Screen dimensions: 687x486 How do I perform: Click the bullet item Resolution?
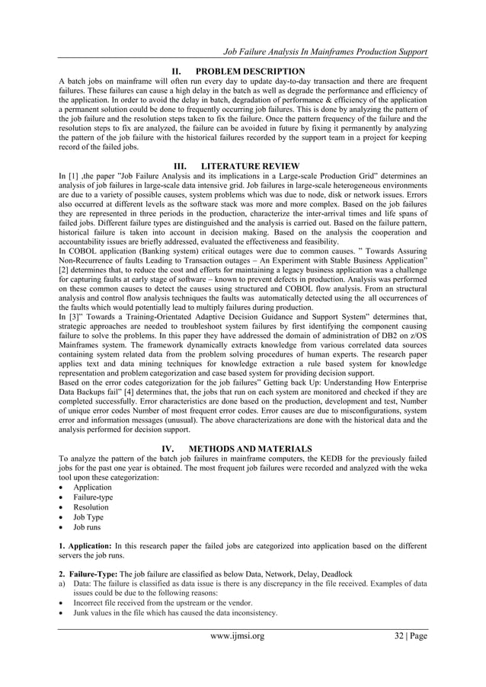pyautogui.click(x=90, y=506)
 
